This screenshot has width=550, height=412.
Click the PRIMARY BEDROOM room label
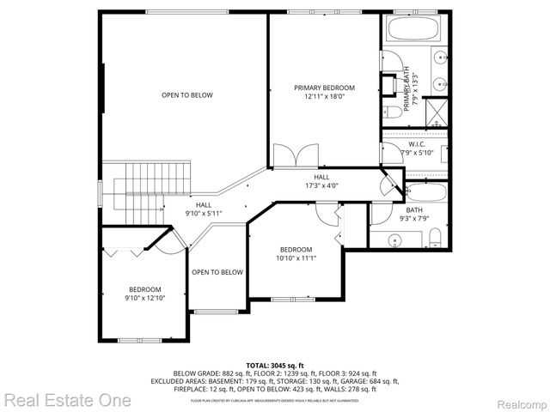pyautogui.click(x=324, y=88)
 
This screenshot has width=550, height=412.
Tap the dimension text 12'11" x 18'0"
pyautogui.click(x=324, y=97)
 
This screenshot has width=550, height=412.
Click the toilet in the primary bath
pyautogui.click(x=392, y=111)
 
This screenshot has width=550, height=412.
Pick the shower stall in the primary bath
pyautogui.click(x=437, y=113)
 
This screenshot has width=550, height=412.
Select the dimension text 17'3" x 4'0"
pyautogui.click(x=321, y=185)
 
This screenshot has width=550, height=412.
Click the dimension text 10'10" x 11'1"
pyautogui.click(x=294, y=258)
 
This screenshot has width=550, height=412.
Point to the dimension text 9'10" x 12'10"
pyautogui.click(x=144, y=298)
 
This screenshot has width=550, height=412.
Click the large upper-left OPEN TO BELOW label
pyautogui.click(x=186, y=95)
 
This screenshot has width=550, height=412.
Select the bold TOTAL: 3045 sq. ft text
pyautogui.click(x=275, y=366)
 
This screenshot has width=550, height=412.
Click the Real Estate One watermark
pyautogui.click(x=67, y=400)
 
